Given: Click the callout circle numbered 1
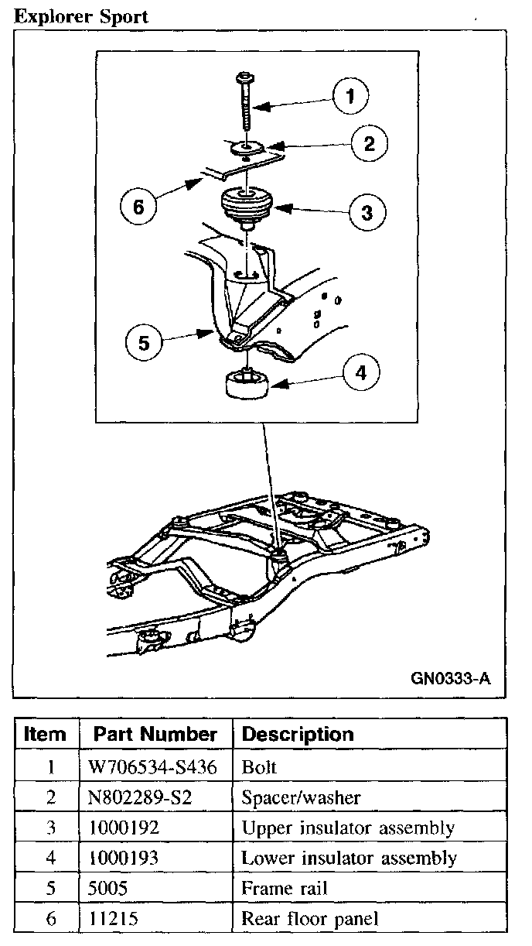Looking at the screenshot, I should [350, 96].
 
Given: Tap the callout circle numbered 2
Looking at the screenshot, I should [369, 142].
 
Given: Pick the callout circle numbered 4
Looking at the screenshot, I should [360, 374].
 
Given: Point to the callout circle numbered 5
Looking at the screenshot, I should [145, 342].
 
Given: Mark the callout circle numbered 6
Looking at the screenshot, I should [139, 207].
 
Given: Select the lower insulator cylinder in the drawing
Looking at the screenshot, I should [244, 385].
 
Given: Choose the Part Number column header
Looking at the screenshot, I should [155, 734].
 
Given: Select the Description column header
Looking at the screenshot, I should [298, 734].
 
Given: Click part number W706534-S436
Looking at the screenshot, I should [146, 768].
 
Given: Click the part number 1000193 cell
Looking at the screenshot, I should [124, 858].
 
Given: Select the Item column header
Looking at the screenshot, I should [46, 734].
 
